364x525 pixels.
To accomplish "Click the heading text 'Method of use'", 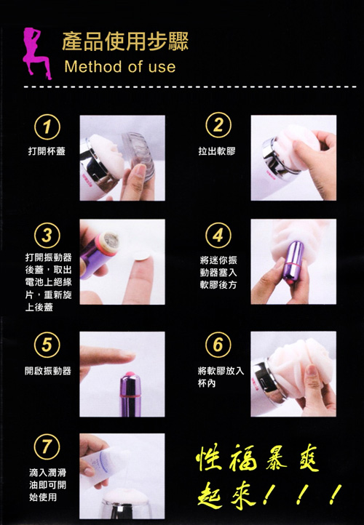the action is pos(119,67).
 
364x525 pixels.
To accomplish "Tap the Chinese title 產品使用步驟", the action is pos(125,41).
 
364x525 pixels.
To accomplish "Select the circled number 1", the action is pos(47,127).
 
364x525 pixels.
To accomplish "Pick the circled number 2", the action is pos(218,125).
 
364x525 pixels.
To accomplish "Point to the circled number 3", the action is pos(47,236).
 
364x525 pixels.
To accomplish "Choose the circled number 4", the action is pos(218,235).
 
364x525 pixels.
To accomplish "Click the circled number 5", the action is pos(47,345).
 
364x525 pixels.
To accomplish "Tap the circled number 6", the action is pos(218,345).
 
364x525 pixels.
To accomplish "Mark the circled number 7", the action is pos(47,446).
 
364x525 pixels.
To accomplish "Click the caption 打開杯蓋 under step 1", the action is pos(47,151).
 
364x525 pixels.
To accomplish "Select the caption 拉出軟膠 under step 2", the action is pos(217,151).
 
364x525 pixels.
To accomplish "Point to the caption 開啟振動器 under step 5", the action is pos(48,371).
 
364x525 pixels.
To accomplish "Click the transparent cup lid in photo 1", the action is pos(139,155).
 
